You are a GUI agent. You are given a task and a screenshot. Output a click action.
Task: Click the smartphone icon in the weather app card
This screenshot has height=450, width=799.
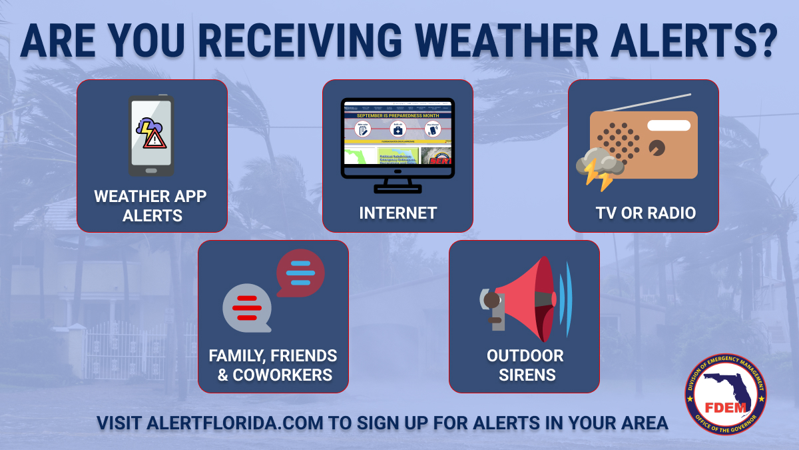point(152,136)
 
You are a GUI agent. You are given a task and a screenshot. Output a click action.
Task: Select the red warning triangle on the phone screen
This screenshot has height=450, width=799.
point(155,139)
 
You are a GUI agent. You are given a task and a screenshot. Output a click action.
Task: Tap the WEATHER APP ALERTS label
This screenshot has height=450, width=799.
point(151,206)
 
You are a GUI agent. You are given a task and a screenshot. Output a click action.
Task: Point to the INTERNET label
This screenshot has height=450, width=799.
point(398,213)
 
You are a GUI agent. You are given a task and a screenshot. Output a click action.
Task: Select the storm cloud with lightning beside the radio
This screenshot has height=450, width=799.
point(599,167)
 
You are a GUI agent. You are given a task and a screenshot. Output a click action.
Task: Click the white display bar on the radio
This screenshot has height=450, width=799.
point(668,125)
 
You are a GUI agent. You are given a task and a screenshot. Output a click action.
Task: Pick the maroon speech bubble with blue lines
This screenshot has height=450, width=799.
point(301,272)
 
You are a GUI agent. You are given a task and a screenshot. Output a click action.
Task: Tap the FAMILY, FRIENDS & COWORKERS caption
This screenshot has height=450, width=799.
point(273,365)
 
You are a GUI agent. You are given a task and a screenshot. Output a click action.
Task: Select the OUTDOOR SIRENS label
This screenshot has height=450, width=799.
point(525,365)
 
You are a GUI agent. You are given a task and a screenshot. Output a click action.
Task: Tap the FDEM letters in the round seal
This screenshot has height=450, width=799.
point(725,407)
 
